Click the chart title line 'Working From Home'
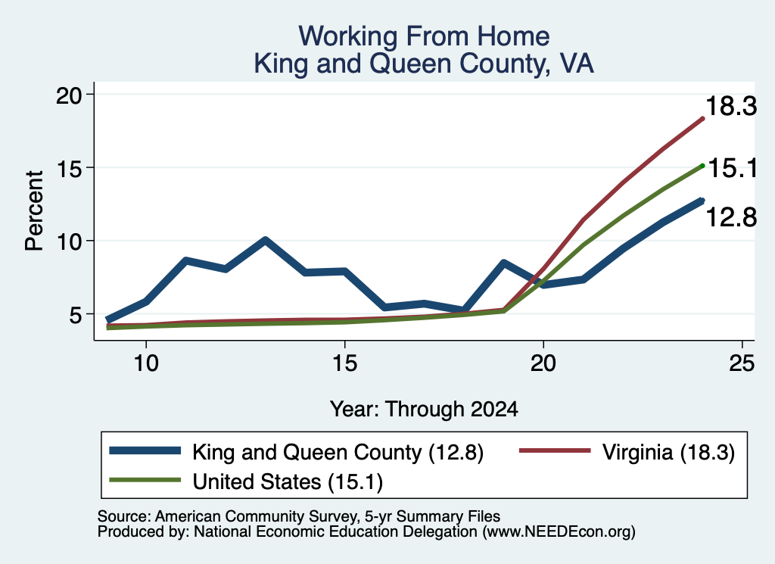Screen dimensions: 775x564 click(x=424, y=36)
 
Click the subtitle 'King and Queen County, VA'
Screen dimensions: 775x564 click(x=424, y=64)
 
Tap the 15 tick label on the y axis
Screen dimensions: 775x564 click(x=68, y=168)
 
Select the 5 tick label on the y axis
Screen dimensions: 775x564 click(x=75, y=315)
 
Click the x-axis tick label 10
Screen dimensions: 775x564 click(x=146, y=363)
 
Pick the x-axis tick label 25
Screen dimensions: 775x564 click(x=742, y=363)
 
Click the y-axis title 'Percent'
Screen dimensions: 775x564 click(x=34, y=211)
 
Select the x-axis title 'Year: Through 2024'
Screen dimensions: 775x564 click(x=424, y=410)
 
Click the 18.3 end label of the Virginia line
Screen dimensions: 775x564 click(x=731, y=106)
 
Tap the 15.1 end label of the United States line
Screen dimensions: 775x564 click(x=733, y=169)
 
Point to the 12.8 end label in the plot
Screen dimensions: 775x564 click(x=731, y=217)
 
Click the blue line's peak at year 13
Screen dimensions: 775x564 click(x=266, y=240)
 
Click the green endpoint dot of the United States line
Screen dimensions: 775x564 click(x=702, y=166)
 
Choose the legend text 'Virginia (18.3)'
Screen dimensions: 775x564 click(x=668, y=452)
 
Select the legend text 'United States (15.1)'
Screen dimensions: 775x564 click(x=288, y=481)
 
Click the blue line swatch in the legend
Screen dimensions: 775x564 click(x=145, y=450)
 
